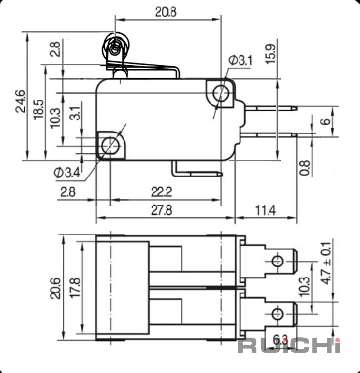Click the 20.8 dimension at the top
pos(166,12)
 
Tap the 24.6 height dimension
pos(20,101)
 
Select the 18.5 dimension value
pos(39,109)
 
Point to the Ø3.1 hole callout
pos(240,60)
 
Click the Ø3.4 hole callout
pos(67,172)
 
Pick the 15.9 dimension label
pos(271,54)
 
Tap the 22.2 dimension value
pos(162,192)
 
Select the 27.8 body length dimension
pos(162,210)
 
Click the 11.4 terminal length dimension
pos(266,210)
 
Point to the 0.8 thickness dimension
pos(305,168)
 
